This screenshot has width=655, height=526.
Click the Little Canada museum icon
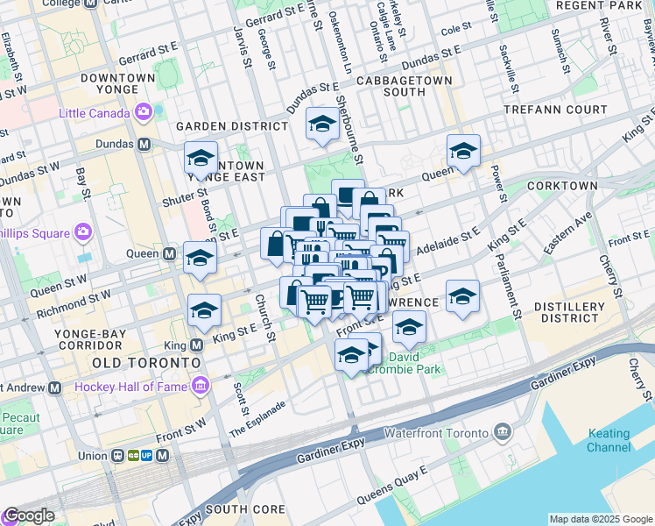144,112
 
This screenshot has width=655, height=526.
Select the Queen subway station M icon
170,253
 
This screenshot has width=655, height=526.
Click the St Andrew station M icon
55,387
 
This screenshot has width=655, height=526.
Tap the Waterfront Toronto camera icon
502,432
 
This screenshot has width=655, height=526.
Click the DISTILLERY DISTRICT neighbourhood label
572,312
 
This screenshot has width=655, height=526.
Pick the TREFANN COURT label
555,110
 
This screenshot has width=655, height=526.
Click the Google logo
29,515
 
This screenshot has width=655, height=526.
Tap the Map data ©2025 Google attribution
600,519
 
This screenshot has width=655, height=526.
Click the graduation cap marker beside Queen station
201,259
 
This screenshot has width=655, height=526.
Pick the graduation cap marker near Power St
463,152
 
